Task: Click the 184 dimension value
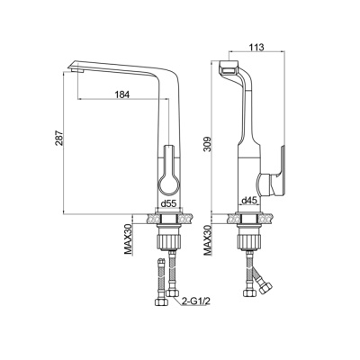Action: pos(122,94)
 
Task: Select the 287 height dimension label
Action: pos(58,139)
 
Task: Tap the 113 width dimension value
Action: pos(256,47)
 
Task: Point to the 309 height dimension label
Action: pos(208,144)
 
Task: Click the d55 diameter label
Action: pos(168,204)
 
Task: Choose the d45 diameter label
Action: pos(249,200)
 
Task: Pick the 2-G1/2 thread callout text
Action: pos(195,301)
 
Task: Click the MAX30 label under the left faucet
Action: pos(129,239)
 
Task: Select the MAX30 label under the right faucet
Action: pos(208,240)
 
